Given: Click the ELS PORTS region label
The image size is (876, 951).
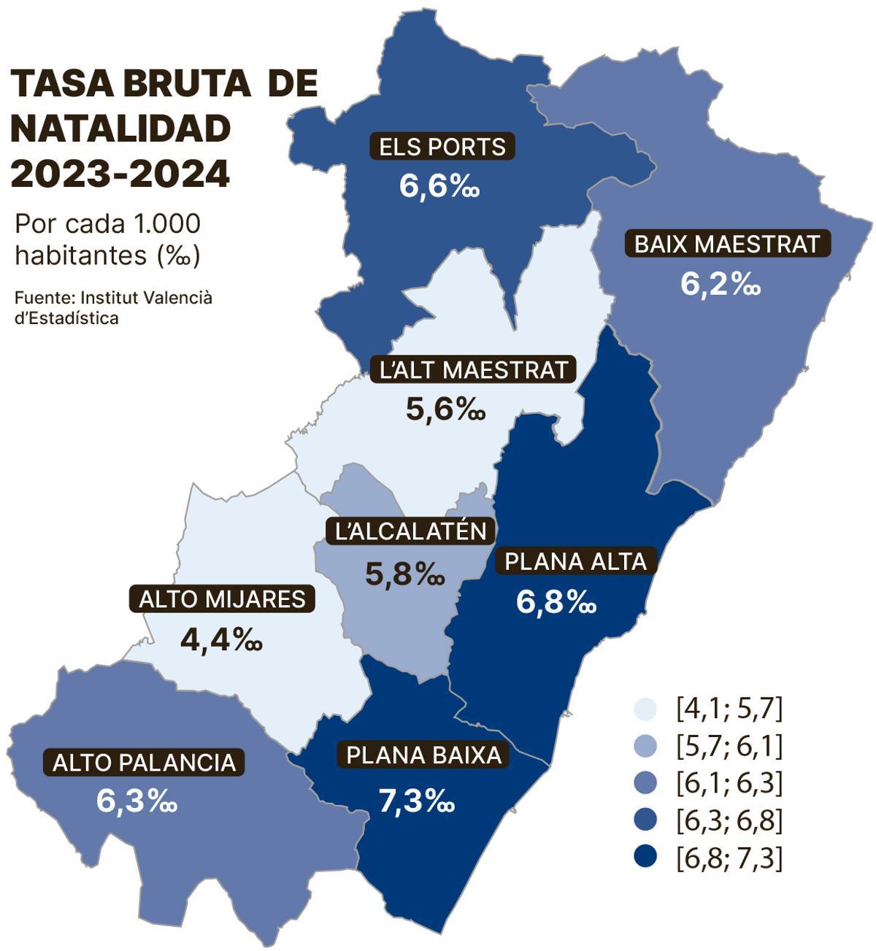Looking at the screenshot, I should point(442,147).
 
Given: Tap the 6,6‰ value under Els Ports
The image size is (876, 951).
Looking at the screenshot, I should point(439,187).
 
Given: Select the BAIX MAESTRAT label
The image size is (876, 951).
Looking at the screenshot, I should point(728,244).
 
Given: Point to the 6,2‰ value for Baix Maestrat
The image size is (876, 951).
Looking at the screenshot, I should point(721,285).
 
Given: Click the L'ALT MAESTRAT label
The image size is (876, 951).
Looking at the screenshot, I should point(473,369).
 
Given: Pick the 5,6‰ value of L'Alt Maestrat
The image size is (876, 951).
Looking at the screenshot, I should point(445,409).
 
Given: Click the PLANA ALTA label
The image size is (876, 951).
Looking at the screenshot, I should point(576,561).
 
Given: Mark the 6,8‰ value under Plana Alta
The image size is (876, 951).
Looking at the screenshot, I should point(556,602).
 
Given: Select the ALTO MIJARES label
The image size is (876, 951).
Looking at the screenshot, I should point(222,599).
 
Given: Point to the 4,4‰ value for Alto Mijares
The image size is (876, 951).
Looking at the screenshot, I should point(220,640).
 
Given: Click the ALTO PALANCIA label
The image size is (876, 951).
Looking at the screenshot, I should point(145,763).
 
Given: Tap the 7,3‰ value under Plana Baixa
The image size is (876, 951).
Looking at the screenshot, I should point(417,801).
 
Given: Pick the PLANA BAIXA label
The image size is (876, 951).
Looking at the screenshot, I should point(424,755).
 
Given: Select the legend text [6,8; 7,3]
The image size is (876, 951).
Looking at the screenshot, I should point(729,858).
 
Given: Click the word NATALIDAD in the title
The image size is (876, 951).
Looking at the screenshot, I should point(120,129).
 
